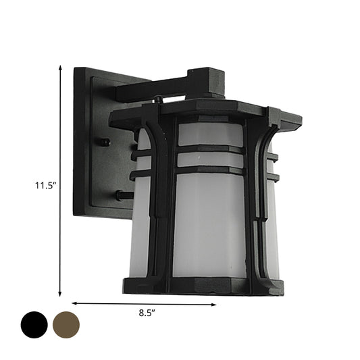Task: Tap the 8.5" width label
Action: (145, 313)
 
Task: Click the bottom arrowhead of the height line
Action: (61, 294)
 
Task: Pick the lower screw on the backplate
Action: (119, 197)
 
